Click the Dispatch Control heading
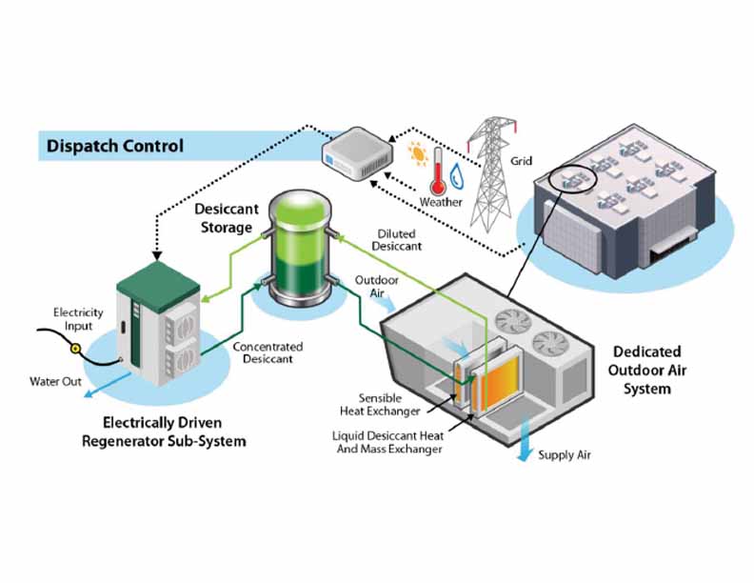pyautogui.click(x=115, y=146)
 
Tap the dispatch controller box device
pyautogui.click(x=356, y=154)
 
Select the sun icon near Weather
pyautogui.click(x=418, y=154)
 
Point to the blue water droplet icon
pyautogui.click(x=456, y=175)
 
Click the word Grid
pyautogui.click(x=522, y=161)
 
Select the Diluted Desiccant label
pyautogui.click(x=396, y=240)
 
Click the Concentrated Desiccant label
pyautogui.click(x=268, y=352)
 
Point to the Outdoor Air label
pyautogui.click(x=376, y=286)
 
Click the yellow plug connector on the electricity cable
pyautogui.click(x=75, y=349)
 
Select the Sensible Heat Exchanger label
pyautogui.click(x=380, y=405)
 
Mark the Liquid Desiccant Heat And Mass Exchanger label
pyautogui.click(x=388, y=442)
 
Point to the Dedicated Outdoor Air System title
pyautogui.click(x=646, y=370)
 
